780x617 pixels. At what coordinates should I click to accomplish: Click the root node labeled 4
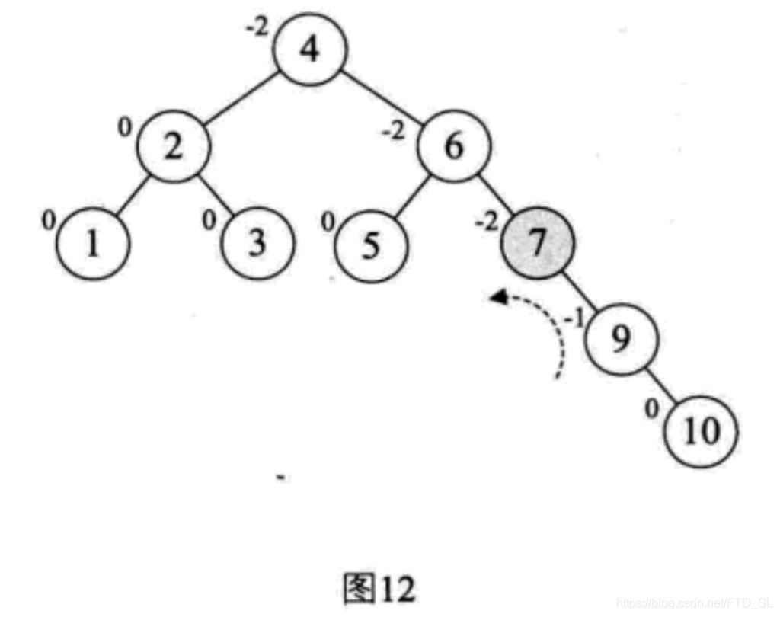click(x=310, y=50)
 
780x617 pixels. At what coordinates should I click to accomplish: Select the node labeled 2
click(x=174, y=146)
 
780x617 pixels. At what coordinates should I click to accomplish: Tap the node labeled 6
click(x=454, y=145)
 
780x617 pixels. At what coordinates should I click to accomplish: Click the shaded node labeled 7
click(x=537, y=245)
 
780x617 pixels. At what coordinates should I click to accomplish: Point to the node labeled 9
click(x=621, y=339)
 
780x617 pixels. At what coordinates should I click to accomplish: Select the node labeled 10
click(x=702, y=432)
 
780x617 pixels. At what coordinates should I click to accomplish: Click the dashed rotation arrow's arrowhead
click(x=497, y=299)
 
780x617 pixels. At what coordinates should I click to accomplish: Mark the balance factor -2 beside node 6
click(x=395, y=130)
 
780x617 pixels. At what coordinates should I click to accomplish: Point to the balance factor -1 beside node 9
click(x=574, y=318)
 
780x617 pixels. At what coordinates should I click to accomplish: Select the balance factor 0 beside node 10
click(x=651, y=409)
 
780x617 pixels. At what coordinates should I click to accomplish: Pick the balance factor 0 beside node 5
click(x=327, y=222)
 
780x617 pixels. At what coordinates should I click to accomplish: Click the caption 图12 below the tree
click(x=379, y=587)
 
